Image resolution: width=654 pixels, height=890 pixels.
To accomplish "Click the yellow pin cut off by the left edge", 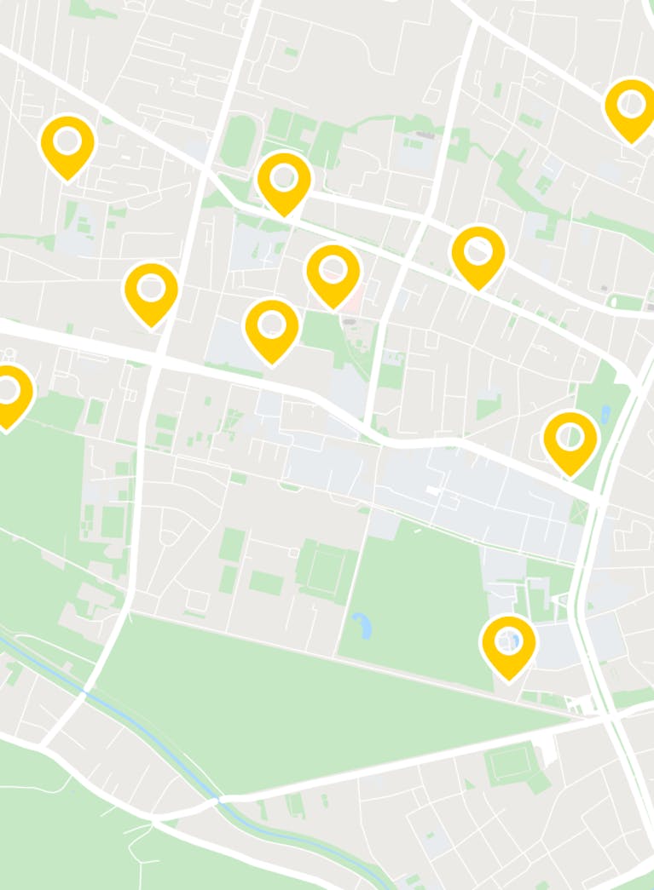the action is click(x=9, y=393).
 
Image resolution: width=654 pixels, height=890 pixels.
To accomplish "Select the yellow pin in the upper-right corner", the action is click(x=631, y=106).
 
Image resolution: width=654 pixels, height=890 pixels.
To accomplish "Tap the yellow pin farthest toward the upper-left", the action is click(x=67, y=143).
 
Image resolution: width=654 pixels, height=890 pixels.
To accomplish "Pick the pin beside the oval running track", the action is click(x=284, y=180).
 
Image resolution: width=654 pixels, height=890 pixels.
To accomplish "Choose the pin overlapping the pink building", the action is click(x=333, y=273).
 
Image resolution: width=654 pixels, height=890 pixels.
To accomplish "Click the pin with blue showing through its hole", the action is click(x=508, y=643).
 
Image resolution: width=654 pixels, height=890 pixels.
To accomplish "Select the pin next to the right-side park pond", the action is click(x=570, y=439).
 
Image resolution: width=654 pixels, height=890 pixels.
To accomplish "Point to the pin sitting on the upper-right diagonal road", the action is click(x=478, y=253).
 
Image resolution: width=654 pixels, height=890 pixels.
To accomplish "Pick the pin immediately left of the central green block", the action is click(x=272, y=327).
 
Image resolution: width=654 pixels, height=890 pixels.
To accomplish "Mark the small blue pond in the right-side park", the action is click(x=605, y=415).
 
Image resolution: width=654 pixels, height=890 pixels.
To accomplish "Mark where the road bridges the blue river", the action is click(x=221, y=800).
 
